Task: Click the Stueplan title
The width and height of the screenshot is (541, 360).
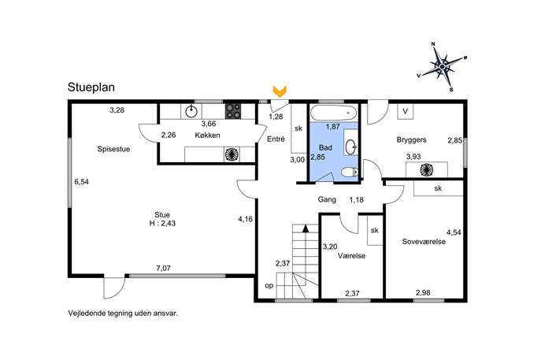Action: pyautogui.click(x=91, y=87)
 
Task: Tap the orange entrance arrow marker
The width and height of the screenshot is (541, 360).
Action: pyautogui.click(x=280, y=91)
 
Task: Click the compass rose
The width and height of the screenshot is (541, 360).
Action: pyautogui.click(x=443, y=66)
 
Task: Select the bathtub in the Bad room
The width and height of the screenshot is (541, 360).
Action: pyautogui.click(x=334, y=113)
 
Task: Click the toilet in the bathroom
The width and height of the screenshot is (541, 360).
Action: pyautogui.click(x=350, y=172)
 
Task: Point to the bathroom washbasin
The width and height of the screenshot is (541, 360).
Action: pyautogui.click(x=351, y=147)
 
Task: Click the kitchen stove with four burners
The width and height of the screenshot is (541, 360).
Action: pyautogui.click(x=233, y=111)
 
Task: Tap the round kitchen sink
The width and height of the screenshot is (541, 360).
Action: pyautogui.click(x=191, y=111)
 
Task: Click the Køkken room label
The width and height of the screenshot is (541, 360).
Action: pyautogui.click(x=207, y=135)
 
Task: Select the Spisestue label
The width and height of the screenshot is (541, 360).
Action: pyautogui.click(x=113, y=149)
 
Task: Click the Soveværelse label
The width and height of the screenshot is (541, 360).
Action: pyautogui.click(x=424, y=242)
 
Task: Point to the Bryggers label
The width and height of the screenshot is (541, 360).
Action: pyautogui.click(x=411, y=139)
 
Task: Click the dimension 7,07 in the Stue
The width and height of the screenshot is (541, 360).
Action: pyautogui.click(x=164, y=268)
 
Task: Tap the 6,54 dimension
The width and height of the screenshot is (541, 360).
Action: pyautogui.click(x=81, y=181)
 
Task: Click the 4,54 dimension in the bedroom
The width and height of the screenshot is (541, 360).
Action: pyautogui.click(x=454, y=232)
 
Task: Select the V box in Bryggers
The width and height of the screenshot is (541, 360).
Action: pyautogui.click(x=406, y=111)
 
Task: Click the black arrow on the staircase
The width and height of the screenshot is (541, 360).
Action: pyautogui.click(x=305, y=228)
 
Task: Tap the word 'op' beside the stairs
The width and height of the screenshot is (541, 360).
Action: pyautogui.click(x=269, y=286)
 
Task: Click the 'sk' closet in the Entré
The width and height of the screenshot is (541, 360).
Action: pyautogui.click(x=298, y=128)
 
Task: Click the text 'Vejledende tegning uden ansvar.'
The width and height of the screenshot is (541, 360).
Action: pyautogui.click(x=123, y=314)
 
